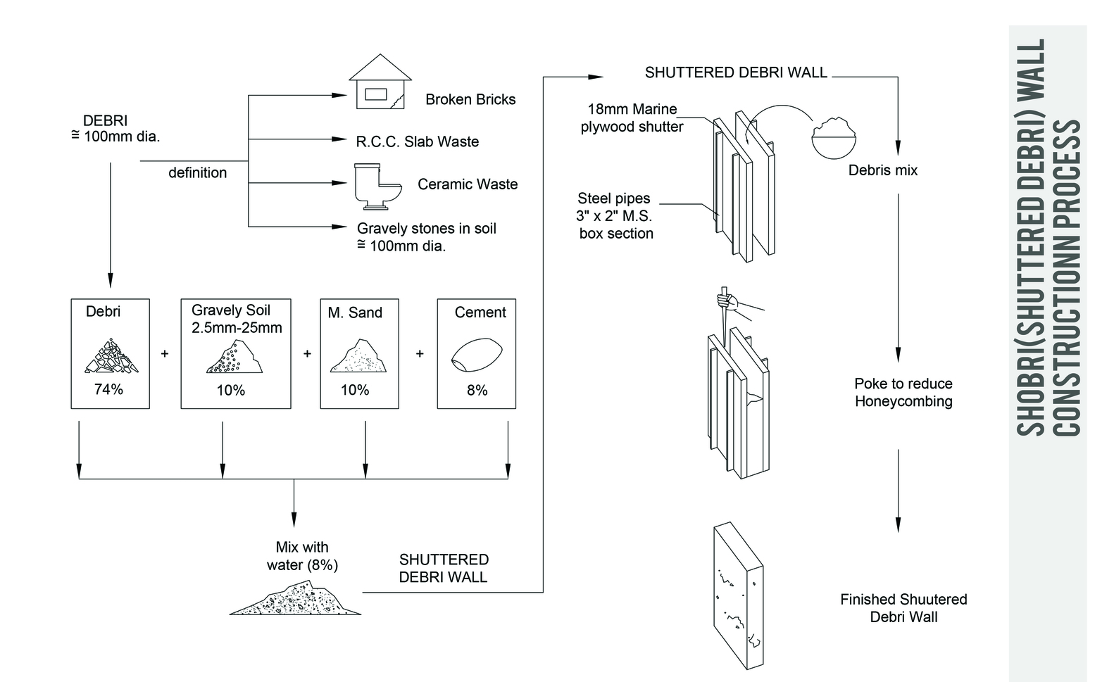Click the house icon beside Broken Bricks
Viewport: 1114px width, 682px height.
coord(380,82)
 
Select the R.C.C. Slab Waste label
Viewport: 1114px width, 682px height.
coord(417,142)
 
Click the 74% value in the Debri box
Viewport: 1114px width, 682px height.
coord(108,389)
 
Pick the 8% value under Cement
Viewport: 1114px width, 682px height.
coord(477,390)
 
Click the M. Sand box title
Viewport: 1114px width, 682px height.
coord(355,312)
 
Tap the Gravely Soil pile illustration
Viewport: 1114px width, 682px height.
coord(234,357)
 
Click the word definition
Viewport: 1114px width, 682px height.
coord(197,173)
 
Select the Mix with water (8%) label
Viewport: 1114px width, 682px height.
coord(302,556)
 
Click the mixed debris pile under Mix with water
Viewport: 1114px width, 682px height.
coord(296,599)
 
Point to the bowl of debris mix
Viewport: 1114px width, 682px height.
coord(834,137)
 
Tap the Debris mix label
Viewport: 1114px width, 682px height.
coord(882,170)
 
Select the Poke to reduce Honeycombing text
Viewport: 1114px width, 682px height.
coord(903,393)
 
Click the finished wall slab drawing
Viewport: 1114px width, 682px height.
coord(737,595)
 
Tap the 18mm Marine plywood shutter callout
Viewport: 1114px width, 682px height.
coord(632,118)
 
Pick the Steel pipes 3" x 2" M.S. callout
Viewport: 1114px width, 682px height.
coord(615,216)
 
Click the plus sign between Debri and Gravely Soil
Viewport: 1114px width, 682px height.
coord(165,354)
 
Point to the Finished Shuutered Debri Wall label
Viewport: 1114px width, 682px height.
coord(903,608)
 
